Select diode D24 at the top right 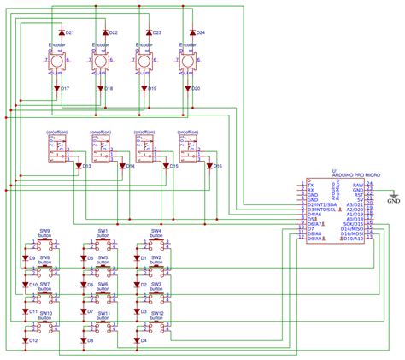pos(191,32)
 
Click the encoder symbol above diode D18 pos(101,62)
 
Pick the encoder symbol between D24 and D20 pos(188,62)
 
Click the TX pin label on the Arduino pos(310,185)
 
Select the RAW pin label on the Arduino pos(359,185)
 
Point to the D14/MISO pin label pos(352,230)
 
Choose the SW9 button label pos(44,231)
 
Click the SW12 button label pos(156,314)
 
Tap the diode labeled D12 pos(25,340)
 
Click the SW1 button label pos(102,231)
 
